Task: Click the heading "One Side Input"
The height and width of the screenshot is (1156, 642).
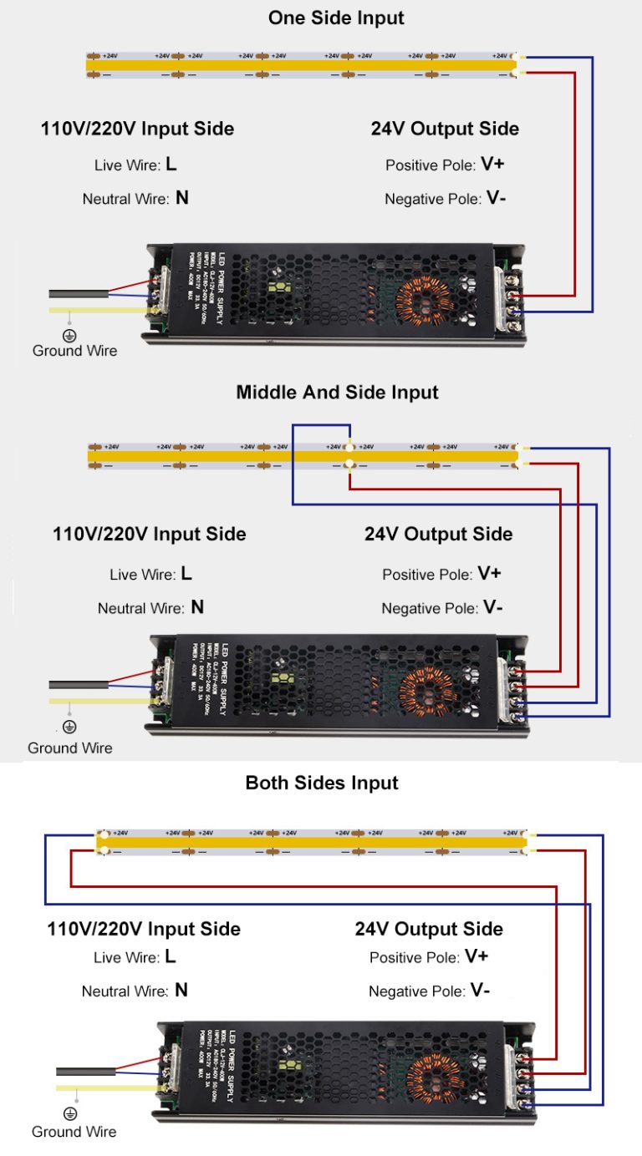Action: point(336,18)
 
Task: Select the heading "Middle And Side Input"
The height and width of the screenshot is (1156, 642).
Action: point(337,392)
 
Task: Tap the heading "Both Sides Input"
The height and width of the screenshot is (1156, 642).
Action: point(322,783)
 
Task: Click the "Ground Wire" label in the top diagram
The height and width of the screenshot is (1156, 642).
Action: point(74,351)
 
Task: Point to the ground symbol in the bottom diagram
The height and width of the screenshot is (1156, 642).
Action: point(70,1113)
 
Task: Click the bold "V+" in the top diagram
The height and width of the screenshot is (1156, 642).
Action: point(492,165)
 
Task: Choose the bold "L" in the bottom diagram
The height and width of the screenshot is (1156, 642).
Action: point(171,956)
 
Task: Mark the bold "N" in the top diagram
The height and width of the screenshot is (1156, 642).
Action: point(181,199)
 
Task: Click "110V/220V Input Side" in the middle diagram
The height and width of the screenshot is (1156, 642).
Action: point(149,534)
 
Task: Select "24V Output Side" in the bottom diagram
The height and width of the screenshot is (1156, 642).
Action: point(429,929)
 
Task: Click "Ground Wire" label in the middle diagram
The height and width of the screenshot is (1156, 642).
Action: point(69,748)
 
